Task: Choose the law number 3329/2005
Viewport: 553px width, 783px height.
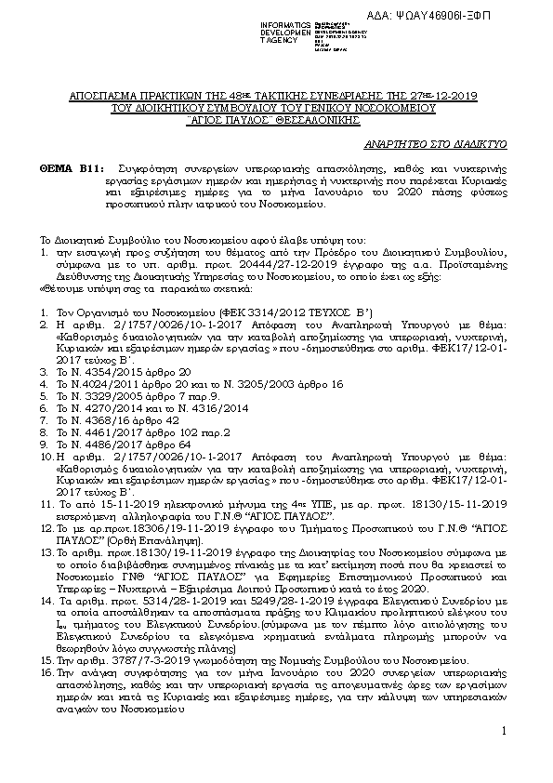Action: [x=100, y=395]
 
